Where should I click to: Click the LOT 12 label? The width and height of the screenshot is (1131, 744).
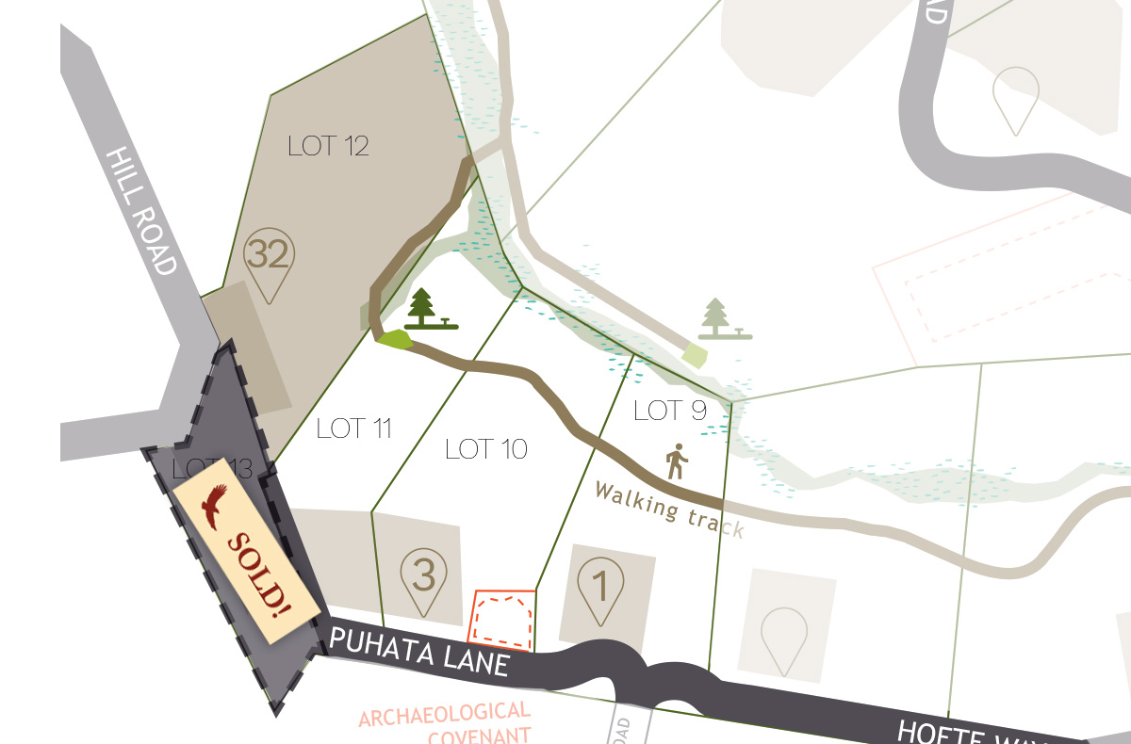[328, 147]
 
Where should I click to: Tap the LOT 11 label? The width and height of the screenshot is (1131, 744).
[353, 429]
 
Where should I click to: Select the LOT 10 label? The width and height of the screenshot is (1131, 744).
[485, 449]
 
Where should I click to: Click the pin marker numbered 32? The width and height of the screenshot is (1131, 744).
[270, 262]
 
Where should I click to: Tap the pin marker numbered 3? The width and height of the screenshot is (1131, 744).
[424, 578]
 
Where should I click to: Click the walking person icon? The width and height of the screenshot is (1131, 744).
[677, 461]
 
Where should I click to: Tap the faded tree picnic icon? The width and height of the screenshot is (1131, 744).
[724, 319]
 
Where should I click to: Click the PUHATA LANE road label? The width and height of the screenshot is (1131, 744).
[419, 653]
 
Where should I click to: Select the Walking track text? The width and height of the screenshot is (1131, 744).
[669, 509]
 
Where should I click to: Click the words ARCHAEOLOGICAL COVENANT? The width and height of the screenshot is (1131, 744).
[445, 722]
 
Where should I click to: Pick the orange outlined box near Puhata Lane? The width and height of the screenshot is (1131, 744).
[502, 620]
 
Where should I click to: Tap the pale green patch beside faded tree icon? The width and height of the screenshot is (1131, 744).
[695, 356]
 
